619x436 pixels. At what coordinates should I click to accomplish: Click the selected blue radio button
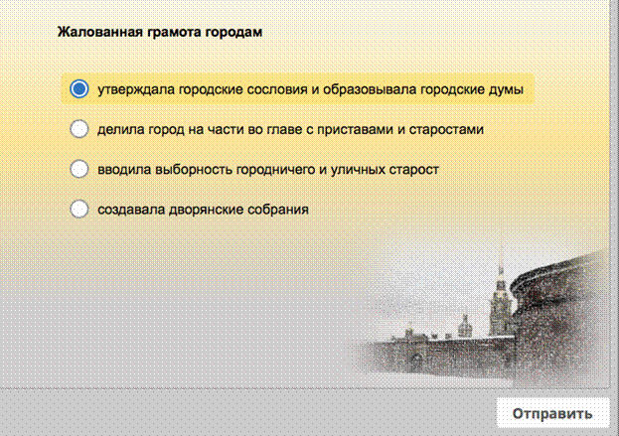click(78, 88)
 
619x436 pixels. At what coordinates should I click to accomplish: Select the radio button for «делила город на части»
click(78, 129)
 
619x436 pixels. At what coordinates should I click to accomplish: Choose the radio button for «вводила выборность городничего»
click(78, 169)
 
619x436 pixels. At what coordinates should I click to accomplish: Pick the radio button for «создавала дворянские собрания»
click(78, 209)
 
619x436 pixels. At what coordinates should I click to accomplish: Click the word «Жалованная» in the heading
click(100, 32)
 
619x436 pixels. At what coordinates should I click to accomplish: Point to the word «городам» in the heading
click(233, 32)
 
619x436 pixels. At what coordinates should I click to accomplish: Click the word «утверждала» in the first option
click(136, 90)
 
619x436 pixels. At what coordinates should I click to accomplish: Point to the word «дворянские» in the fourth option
click(206, 210)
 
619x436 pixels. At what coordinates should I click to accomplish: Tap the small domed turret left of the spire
click(465, 326)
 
